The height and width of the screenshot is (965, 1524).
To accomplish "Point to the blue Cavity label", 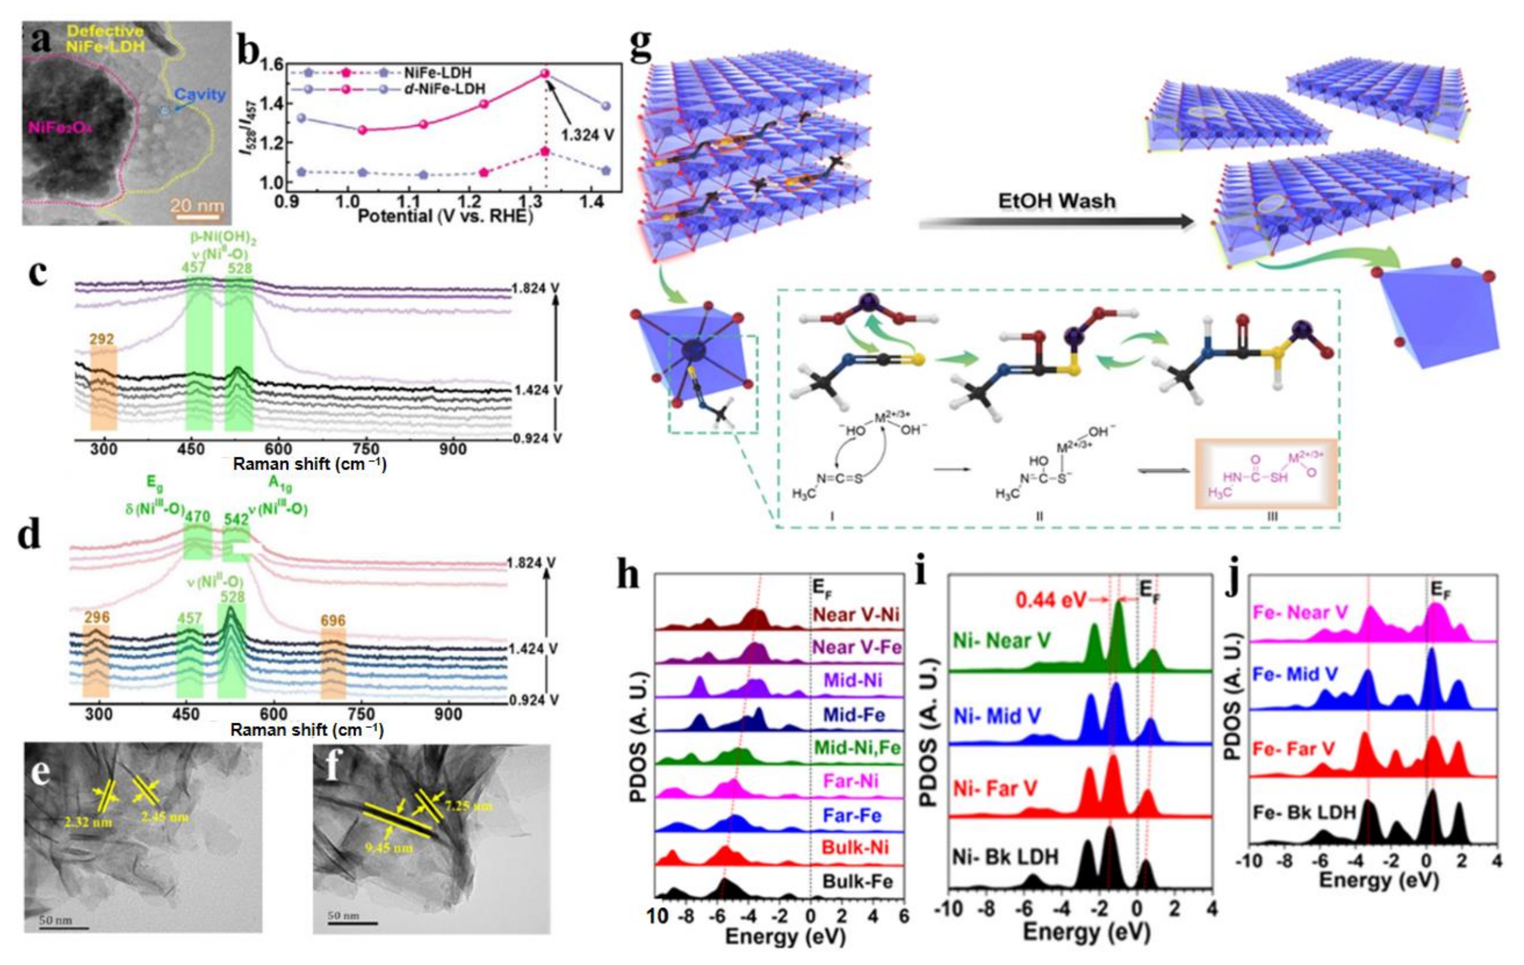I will pos(200,94).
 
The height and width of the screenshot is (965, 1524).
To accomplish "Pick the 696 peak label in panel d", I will pos(333,620).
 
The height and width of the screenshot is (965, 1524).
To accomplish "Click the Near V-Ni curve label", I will pos(856,614).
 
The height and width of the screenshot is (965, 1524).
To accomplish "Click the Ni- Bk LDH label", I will pos(1005,857).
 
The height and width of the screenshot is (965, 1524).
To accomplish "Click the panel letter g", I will pos(640,46).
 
